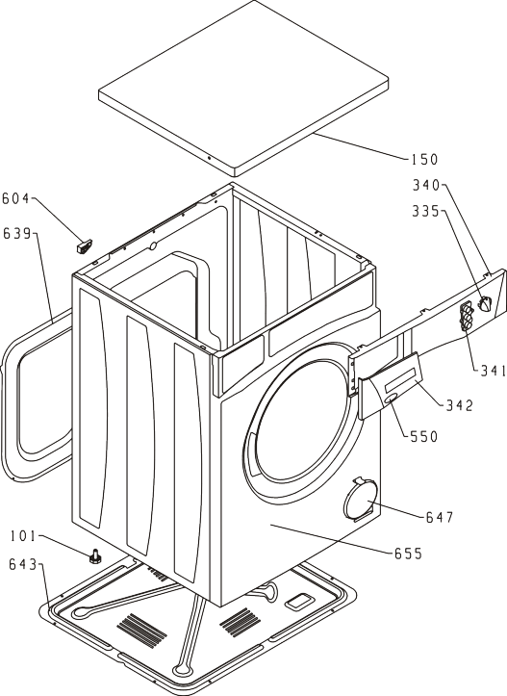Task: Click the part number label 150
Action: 424,160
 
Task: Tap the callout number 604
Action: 16,198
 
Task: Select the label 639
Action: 17,233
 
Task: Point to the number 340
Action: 426,185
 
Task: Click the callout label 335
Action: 425,211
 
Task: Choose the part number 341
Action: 494,370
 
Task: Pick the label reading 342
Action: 460,405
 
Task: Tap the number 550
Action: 423,436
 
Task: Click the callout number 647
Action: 440,517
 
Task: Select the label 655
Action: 408,554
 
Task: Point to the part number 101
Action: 23,536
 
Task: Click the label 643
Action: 23,564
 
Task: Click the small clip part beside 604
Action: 84,245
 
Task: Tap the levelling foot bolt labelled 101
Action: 94,555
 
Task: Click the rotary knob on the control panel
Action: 484,305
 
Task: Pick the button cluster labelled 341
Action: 467,317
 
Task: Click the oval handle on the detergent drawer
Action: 391,400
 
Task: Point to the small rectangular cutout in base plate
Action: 300,601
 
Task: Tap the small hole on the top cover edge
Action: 210,158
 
